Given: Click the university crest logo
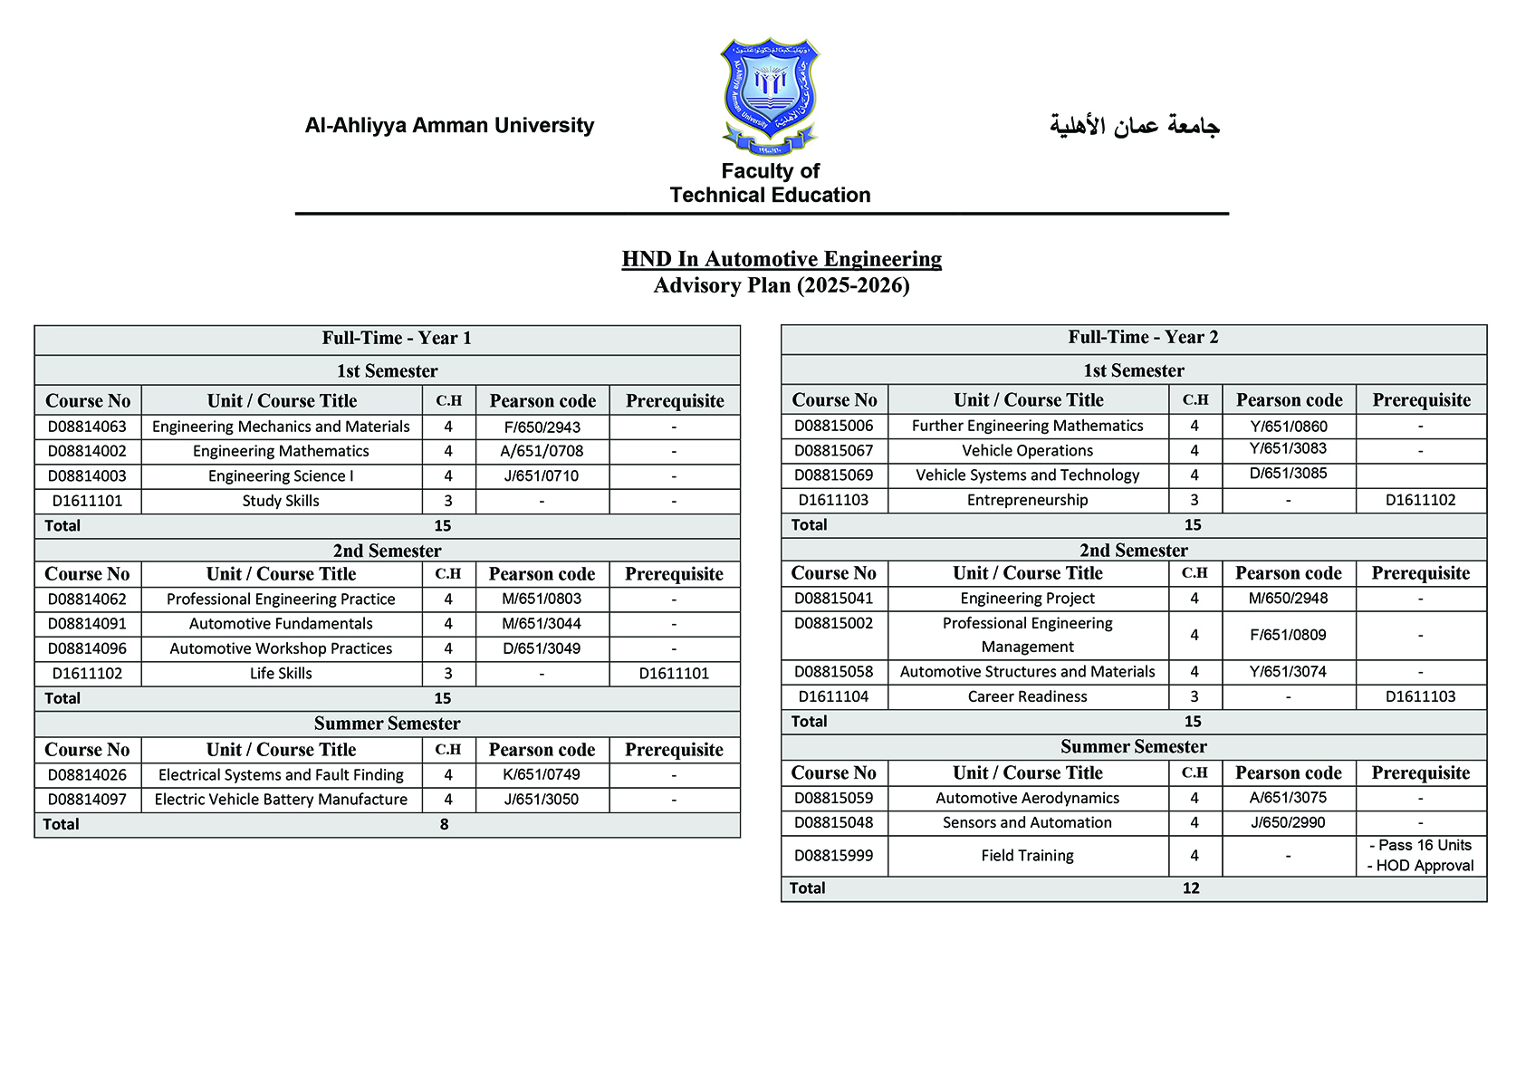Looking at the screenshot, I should click(770, 97).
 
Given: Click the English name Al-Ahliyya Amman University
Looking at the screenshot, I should click(449, 126).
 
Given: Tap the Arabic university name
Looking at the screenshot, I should click(1134, 126).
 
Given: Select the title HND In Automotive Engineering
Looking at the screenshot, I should click(782, 259).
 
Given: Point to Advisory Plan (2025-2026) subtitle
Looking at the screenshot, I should click(782, 286).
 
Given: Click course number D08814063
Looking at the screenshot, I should click(87, 427).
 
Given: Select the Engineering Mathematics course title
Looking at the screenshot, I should click(281, 451).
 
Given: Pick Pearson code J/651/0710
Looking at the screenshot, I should click(542, 476).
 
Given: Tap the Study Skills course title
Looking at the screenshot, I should click(281, 501).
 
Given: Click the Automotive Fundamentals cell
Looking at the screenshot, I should click(281, 624).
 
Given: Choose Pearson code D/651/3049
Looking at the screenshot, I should click(542, 648).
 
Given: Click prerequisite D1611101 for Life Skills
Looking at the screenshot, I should click(674, 674).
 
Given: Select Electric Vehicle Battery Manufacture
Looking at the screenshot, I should click(281, 800).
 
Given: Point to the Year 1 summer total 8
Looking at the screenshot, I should click(444, 824).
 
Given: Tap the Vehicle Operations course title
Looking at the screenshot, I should click(1027, 451).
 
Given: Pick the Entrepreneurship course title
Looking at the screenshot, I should click(1027, 500).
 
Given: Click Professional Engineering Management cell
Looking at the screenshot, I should click(1027, 635).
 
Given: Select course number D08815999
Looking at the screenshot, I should click(833, 856).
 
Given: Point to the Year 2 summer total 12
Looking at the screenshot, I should click(1191, 888).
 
